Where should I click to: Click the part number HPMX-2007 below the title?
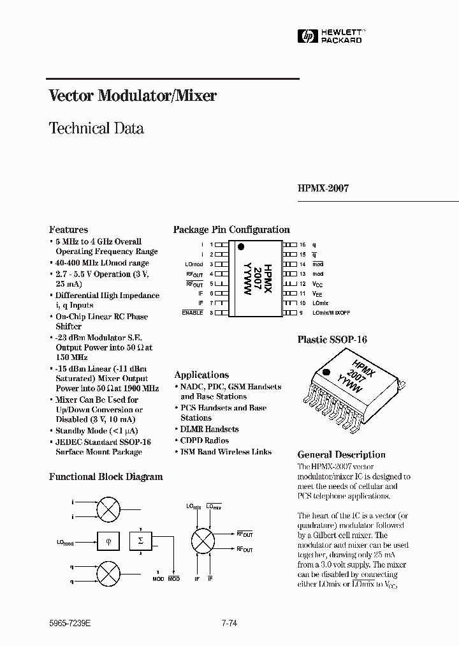(x=323, y=189)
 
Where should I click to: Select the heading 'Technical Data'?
(x=96, y=128)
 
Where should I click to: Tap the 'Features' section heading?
(x=68, y=229)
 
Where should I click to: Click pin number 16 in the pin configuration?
(x=303, y=244)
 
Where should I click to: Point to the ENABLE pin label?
(x=192, y=313)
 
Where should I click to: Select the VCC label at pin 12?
(x=318, y=283)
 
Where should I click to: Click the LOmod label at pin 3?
(x=194, y=264)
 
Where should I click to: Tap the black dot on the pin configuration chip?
(x=241, y=246)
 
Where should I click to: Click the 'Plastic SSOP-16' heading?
(x=332, y=340)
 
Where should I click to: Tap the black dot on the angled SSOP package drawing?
(x=326, y=371)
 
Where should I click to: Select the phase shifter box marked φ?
(x=108, y=541)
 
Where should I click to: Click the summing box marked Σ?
(x=141, y=541)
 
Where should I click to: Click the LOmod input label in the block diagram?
(x=64, y=543)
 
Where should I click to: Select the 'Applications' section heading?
(x=201, y=375)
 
